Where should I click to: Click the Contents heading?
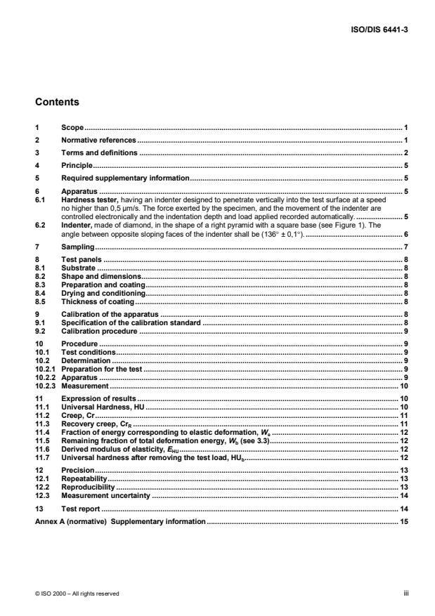[57, 102]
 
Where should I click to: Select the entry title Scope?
[72, 129]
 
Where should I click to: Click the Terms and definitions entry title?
[99, 153]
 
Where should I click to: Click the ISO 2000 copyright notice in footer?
[77, 594]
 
